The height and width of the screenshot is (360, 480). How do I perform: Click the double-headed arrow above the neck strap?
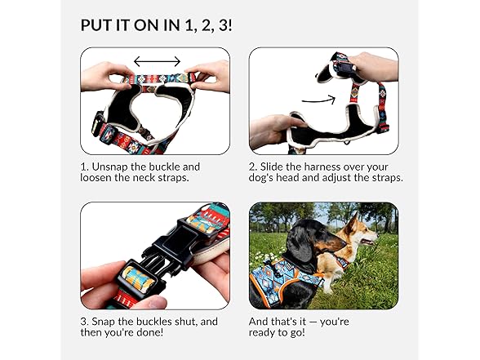[157, 61]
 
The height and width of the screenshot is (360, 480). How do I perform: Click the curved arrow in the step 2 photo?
[318, 100]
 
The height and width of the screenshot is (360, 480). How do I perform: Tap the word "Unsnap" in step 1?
[109, 167]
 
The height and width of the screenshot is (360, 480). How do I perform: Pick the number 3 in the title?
[224, 25]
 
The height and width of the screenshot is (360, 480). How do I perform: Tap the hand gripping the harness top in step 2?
[374, 67]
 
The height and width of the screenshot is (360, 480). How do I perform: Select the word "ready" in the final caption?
[263, 333]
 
